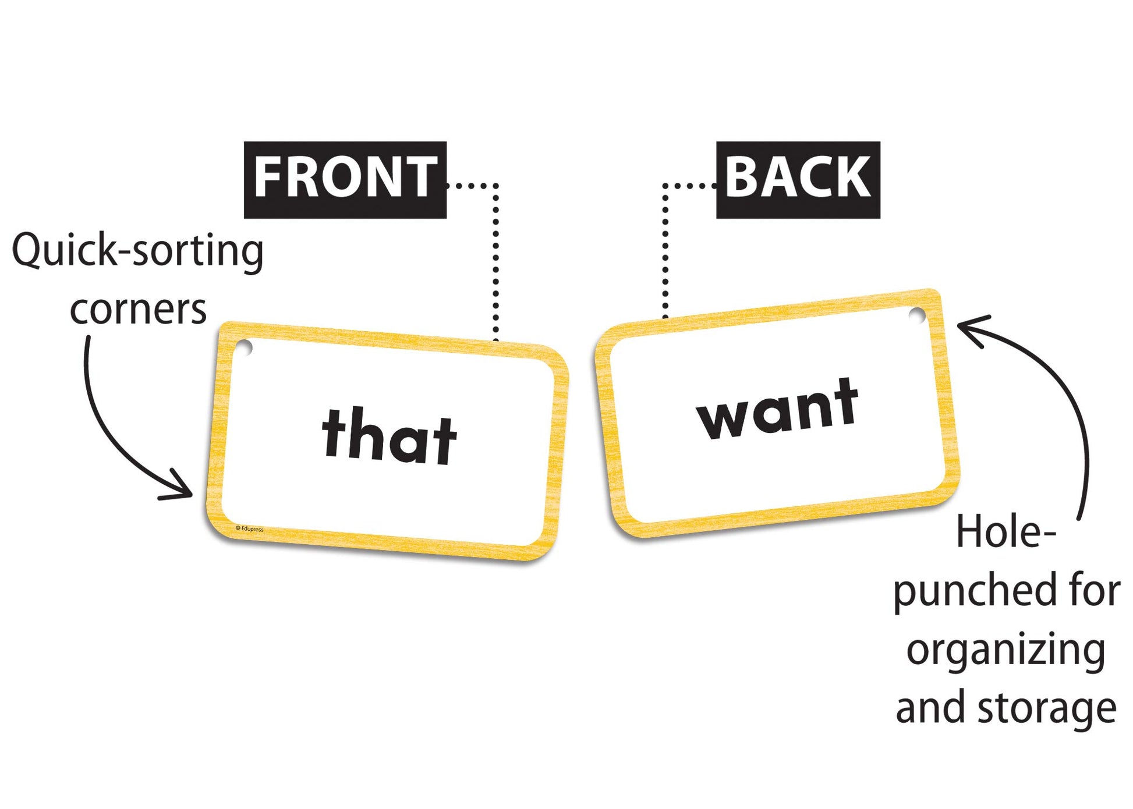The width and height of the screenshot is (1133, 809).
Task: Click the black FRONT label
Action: click(x=345, y=180)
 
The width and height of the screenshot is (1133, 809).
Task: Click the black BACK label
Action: click(x=798, y=180)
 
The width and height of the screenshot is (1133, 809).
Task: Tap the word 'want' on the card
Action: click(x=778, y=408)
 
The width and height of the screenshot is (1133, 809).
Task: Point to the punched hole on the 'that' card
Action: click(x=244, y=348)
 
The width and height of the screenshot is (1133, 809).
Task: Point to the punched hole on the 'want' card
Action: click(x=917, y=316)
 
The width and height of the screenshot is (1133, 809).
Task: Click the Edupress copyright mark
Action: click(x=249, y=529)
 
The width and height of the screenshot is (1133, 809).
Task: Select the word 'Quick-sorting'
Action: click(x=138, y=251)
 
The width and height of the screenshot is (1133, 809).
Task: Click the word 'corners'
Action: click(x=138, y=310)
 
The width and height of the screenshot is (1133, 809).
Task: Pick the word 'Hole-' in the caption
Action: click(x=1006, y=532)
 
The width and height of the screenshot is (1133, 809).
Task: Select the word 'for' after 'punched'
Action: click(x=1095, y=590)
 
